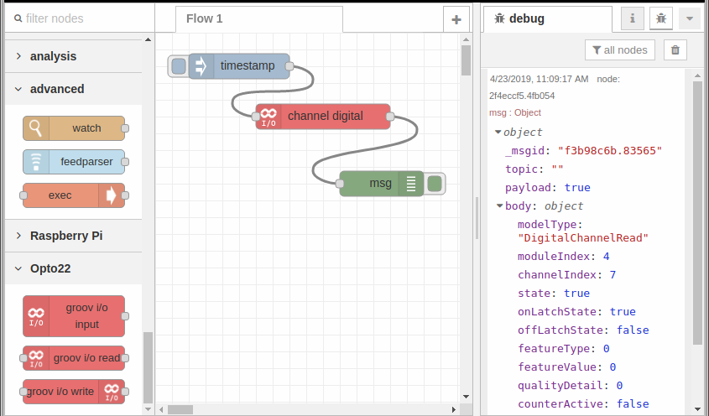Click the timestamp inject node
[x=239, y=66]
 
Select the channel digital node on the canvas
[x=323, y=117]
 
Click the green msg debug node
[x=381, y=184]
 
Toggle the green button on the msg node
[x=435, y=184]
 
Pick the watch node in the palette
[x=74, y=128]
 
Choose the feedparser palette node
[x=74, y=162]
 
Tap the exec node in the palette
[x=74, y=195]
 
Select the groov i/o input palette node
[x=74, y=316]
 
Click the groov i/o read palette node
[x=74, y=358]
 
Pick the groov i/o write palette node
[x=74, y=392]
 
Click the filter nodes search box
[x=80, y=18]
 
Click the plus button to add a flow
[x=456, y=19]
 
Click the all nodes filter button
[x=619, y=50]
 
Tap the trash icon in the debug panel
[x=675, y=50]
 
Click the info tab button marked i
[x=632, y=18]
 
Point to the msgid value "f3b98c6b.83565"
[x=610, y=151]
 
